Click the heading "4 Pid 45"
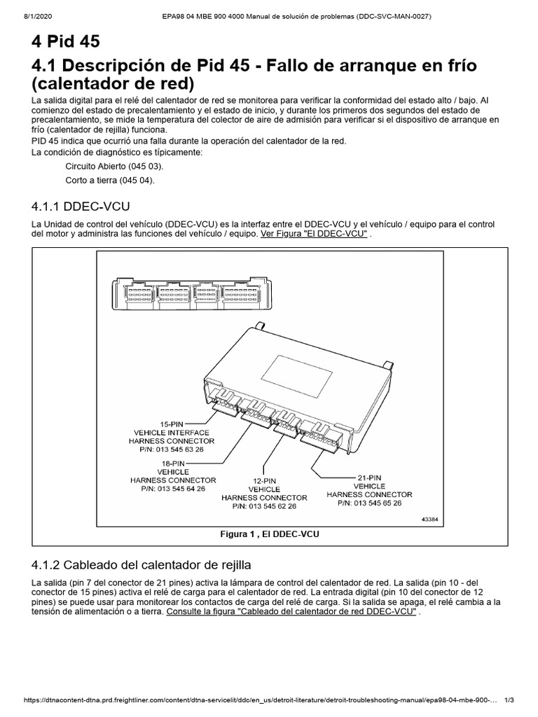click(x=66, y=41)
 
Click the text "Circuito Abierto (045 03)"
click(x=115, y=167)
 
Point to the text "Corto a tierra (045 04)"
click(x=109, y=180)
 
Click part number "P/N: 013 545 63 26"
click(x=172, y=450)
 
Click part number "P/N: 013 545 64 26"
click(x=173, y=489)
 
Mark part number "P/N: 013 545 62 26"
click(x=264, y=506)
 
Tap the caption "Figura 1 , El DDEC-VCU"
click(x=269, y=534)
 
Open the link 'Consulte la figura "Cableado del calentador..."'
click(x=291, y=611)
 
